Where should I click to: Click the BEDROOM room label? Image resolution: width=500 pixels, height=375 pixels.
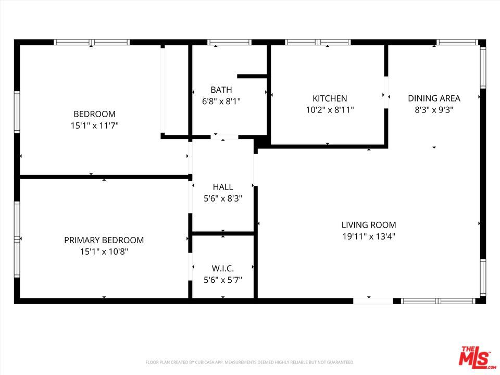coord(94,114)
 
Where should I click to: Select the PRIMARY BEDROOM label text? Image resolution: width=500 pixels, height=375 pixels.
coord(104,240)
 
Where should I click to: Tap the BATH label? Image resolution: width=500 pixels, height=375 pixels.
coord(221,90)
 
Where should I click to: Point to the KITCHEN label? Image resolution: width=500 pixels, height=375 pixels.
coord(330,98)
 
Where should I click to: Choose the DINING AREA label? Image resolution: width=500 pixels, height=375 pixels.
coord(434,98)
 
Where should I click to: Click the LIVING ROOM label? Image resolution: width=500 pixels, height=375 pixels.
coord(369,225)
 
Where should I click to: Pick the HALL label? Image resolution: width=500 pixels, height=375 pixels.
coord(223,187)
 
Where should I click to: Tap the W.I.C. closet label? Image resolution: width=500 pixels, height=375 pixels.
coord(223,268)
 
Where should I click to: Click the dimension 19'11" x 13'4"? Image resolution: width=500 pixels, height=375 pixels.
coord(369,236)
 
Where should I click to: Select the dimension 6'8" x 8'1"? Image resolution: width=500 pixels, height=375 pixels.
coord(221,102)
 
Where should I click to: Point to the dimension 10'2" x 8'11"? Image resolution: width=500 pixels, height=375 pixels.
coord(330,110)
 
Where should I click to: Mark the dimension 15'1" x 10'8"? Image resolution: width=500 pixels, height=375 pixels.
coord(104,252)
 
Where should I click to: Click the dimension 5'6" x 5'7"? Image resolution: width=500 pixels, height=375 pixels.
coord(223,280)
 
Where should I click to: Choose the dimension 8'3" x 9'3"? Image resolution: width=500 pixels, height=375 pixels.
coord(434,110)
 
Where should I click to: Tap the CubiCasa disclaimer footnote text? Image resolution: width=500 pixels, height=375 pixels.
coord(249,362)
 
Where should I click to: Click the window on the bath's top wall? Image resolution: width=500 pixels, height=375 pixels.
coord(229,42)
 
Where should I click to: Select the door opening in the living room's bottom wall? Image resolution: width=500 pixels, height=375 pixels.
coord(373,301)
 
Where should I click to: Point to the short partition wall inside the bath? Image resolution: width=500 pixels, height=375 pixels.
coord(252,76)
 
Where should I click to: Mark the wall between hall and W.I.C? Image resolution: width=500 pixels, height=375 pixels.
coord(223,234)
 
